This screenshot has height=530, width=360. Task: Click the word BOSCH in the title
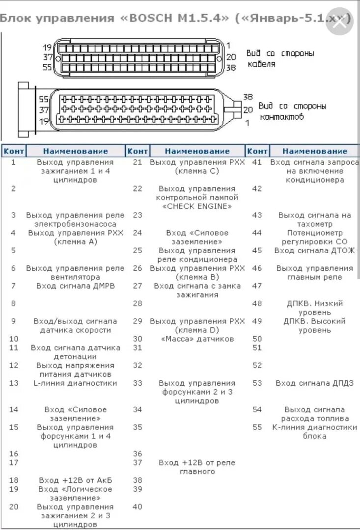point(155,19)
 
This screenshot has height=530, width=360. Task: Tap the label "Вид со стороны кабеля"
point(280,58)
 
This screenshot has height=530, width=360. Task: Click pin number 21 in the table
point(138,162)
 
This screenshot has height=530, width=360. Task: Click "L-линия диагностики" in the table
point(75,383)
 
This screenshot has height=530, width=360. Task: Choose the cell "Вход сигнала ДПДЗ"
point(314,383)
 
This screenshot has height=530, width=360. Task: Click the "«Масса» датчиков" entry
point(197,339)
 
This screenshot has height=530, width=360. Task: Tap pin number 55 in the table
point(257,427)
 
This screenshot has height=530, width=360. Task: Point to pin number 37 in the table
point(138,462)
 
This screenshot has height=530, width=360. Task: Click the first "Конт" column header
point(14,151)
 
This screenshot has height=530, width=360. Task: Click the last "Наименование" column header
point(314,151)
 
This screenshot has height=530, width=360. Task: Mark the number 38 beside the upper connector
point(231,68)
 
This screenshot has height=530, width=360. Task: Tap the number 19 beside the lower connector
point(44,121)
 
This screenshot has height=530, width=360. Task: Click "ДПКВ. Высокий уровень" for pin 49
point(314,325)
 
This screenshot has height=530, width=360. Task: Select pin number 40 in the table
point(138,506)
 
